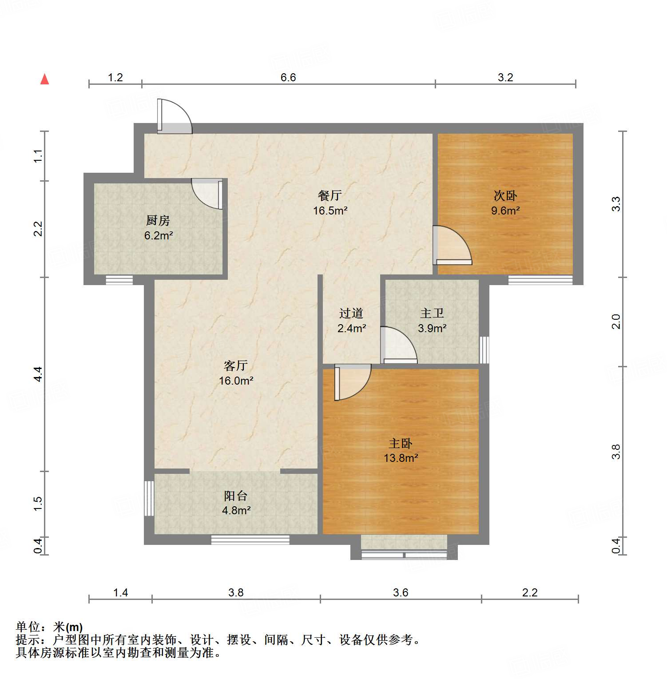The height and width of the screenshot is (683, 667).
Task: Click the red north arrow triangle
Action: pyautogui.click(x=44, y=79)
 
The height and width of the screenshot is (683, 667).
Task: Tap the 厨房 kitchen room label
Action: pyautogui.click(x=158, y=220)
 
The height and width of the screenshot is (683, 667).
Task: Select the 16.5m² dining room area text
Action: pyautogui.click(x=330, y=210)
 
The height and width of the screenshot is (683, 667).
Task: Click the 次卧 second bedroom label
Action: pyautogui.click(x=505, y=195)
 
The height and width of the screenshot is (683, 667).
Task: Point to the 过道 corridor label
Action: pyautogui.click(x=351, y=314)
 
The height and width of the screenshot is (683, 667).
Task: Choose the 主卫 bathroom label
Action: pyautogui.click(x=432, y=314)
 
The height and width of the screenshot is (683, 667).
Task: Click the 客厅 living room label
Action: pyautogui.click(x=236, y=365)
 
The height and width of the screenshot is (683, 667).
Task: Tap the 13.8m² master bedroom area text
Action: pyautogui.click(x=401, y=458)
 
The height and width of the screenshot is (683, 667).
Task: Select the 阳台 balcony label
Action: pyautogui.click(x=236, y=496)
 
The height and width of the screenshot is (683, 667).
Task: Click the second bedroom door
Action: pyautogui.click(x=451, y=246)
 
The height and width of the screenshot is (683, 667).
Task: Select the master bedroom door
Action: pyautogui.click(x=352, y=382)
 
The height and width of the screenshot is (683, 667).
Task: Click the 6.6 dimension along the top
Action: pyautogui.click(x=288, y=77)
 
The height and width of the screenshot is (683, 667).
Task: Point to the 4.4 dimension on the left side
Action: pyautogui.click(x=38, y=374)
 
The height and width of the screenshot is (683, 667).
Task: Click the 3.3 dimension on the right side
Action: pyautogui.click(x=615, y=204)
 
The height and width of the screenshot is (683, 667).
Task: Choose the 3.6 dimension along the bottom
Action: pyautogui.click(x=400, y=592)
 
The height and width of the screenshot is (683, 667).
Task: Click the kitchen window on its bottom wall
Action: pyautogui.click(x=119, y=280)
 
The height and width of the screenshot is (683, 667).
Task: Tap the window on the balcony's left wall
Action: pyautogui.click(x=149, y=498)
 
